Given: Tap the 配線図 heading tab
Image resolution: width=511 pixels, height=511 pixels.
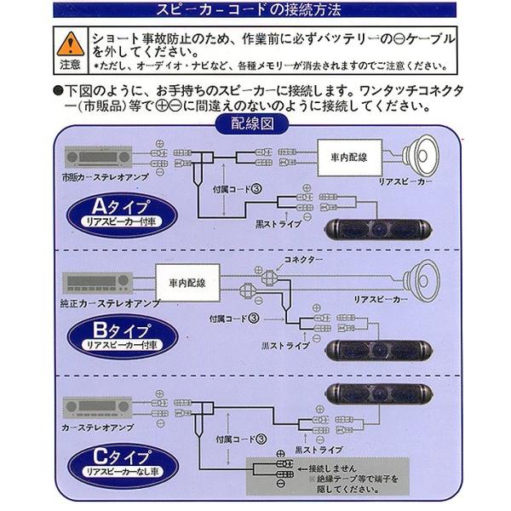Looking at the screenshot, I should [255, 122].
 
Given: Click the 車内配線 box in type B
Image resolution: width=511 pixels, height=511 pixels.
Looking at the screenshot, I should [187, 280].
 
